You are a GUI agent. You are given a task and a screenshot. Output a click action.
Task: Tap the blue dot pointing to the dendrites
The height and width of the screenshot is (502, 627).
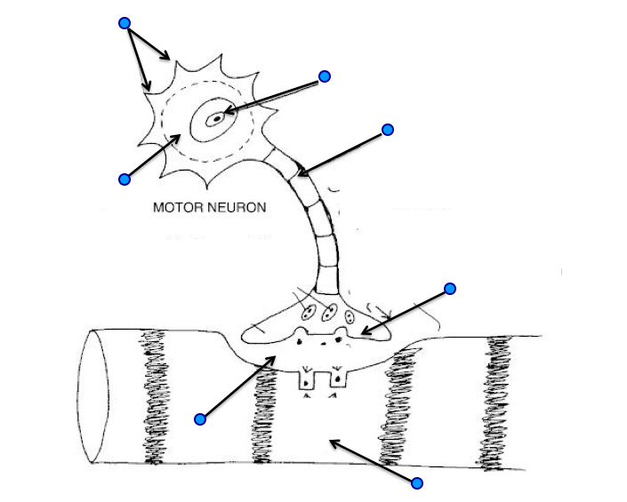[x=125, y=22]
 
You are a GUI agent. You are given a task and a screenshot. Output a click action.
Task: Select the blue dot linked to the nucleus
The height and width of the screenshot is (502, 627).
[x=325, y=76]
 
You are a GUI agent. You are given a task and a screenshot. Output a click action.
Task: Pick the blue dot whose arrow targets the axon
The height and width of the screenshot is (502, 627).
[x=387, y=130]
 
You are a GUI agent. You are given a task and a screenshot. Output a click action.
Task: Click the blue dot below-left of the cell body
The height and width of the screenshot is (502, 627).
[x=125, y=179]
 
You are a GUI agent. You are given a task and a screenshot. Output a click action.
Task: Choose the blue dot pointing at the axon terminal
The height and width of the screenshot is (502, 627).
[x=450, y=288]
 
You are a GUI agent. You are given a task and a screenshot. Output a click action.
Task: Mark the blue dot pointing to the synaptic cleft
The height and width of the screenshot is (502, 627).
[x=200, y=418]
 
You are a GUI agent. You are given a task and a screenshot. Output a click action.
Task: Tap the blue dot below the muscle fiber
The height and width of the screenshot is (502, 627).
[x=416, y=482]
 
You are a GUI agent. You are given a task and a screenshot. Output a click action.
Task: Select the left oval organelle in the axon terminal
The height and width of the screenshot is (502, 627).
[x=308, y=313]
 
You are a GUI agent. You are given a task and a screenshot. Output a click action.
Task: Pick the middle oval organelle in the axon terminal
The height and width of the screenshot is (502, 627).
[x=329, y=315]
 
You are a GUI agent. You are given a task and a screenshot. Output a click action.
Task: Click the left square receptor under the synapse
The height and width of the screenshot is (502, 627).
[x=306, y=381]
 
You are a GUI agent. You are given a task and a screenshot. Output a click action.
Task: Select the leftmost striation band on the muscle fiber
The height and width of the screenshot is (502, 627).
[x=153, y=395]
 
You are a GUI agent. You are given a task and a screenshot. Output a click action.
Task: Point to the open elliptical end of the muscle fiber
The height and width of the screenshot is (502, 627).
[x=93, y=395]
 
